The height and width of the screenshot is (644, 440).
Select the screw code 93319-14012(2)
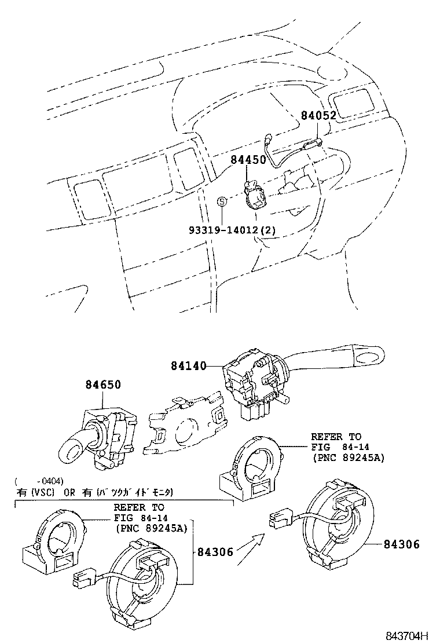pos(232,230)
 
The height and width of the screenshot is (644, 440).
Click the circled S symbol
pos(221,202)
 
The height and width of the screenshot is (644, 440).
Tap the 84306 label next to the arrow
pos(214,552)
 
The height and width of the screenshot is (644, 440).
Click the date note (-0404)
pos(39,481)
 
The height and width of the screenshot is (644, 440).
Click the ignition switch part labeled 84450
pos(253,197)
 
